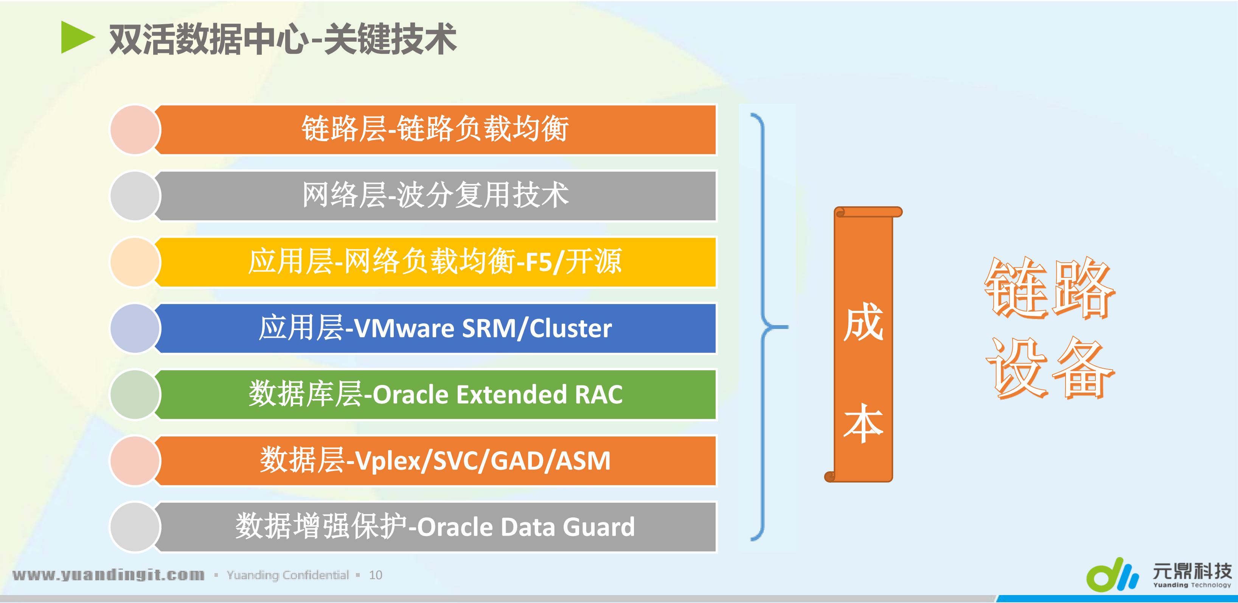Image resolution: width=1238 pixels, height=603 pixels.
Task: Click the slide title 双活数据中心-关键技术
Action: (283, 39)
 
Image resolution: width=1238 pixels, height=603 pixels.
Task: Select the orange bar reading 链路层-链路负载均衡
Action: (435, 129)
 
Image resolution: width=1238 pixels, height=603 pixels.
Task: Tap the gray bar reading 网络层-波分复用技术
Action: (435, 196)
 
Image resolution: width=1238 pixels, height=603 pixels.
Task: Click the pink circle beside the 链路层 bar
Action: (135, 130)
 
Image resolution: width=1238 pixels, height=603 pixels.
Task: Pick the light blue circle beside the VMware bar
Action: (135, 329)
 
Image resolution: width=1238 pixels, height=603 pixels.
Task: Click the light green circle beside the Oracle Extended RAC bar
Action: (135, 395)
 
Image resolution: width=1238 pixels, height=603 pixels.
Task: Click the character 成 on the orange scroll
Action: (863, 322)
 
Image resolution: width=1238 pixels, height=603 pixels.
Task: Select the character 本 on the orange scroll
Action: (863, 423)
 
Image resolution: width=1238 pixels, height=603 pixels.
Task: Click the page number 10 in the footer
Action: (375, 575)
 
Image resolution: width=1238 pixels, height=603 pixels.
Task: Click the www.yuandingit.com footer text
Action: (109, 575)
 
